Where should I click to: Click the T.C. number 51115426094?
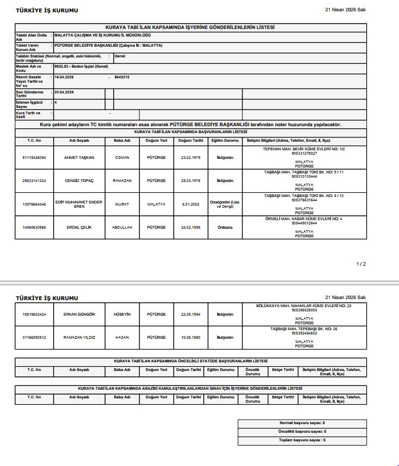point(34,158)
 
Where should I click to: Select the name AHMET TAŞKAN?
point(79,158)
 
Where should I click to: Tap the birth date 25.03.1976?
point(190,181)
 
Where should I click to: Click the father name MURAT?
point(122,204)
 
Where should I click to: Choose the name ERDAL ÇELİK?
point(79,227)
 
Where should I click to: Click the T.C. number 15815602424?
point(34,314)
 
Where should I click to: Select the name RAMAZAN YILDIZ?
point(79,337)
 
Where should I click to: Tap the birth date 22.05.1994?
point(190,314)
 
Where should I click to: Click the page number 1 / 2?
point(361,264)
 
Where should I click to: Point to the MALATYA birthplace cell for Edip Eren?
point(156,204)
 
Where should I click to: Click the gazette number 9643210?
point(122,77)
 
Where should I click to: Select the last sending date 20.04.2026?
point(64,92)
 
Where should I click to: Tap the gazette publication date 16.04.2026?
point(64,77)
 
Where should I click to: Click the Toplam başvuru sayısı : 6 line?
point(302,440)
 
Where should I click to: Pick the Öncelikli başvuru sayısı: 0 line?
point(302,432)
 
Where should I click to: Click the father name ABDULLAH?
point(122,227)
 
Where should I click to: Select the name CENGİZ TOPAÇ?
point(79,181)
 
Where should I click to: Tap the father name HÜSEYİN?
point(122,314)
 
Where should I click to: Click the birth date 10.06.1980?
point(190,337)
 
